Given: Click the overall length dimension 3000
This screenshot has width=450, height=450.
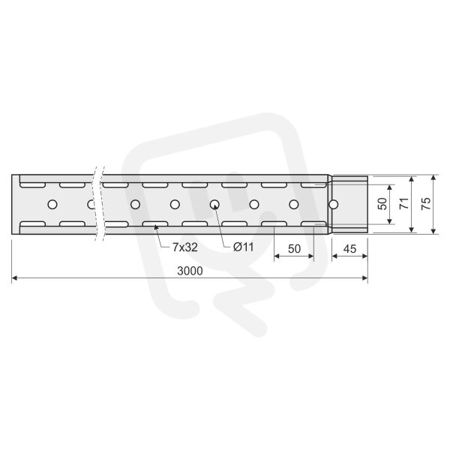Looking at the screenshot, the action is tap(190, 271).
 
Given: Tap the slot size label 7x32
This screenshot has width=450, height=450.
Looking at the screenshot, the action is tap(184, 247).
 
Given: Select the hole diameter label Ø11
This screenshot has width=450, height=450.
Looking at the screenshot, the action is tap(243, 247).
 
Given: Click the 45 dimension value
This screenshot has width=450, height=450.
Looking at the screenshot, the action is tap(349, 249).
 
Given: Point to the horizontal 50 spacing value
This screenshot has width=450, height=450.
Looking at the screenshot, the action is tap(294, 249).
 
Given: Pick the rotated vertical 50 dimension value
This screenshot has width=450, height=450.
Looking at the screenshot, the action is tap(382, 204).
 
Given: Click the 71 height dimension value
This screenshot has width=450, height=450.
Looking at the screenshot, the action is tap(404, 203).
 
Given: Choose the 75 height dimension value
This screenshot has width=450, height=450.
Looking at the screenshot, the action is tap(426, 203).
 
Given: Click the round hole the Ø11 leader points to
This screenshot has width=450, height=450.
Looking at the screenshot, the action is tap(214, 205).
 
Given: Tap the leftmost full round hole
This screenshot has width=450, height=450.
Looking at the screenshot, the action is tap(52, 205).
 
